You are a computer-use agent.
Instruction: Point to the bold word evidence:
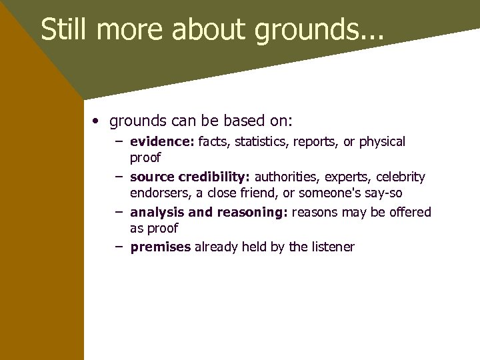click(x=162, y=141)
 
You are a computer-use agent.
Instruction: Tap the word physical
click(x=381, y=141)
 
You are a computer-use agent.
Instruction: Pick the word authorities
click(x=285, y=177)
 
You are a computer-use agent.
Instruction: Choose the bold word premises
click(x=161, y=247)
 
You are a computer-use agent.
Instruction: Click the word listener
click(x=333, y=247)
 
